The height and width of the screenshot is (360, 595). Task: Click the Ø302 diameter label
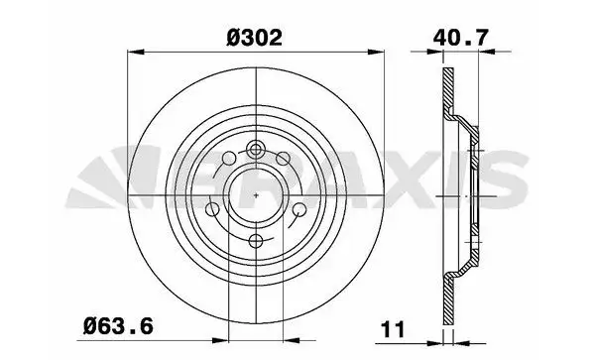[254, 38]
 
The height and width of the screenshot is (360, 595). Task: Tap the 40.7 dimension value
[460, 38]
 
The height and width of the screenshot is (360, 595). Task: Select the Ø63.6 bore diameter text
[118, 326]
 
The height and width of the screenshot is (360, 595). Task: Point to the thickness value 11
[393, 329]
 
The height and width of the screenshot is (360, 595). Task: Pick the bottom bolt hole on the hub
[257, 241]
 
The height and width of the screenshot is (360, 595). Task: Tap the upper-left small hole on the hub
[229, 159]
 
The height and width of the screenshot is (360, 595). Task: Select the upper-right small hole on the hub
[283, 159]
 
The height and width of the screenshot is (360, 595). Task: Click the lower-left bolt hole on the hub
[212, 209]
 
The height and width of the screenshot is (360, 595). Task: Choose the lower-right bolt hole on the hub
[300, 209]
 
